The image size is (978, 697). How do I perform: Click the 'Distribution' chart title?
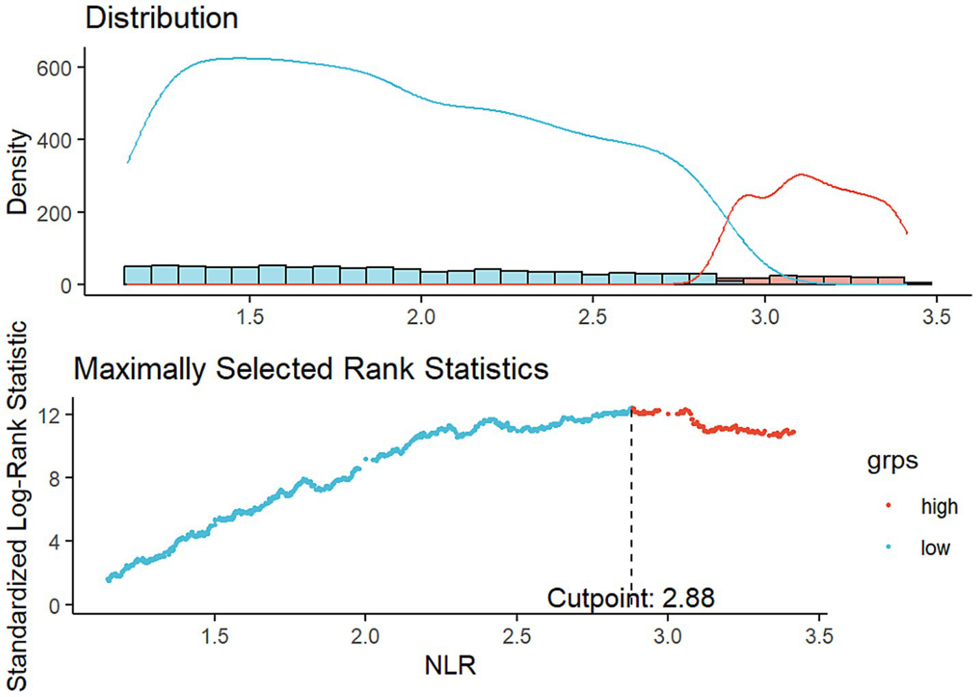click(x=161, y=18)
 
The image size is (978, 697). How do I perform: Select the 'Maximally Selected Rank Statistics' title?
click(x=310, y=369)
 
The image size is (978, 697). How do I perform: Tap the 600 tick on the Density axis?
click(x=54, y=68)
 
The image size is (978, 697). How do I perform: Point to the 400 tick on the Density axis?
click(x=54, y=140)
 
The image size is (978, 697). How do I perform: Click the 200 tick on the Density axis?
click(x=54, y=213)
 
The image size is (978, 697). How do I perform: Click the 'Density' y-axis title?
click(x=18, y=172)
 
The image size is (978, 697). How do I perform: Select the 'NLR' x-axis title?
click(x=449, y=665)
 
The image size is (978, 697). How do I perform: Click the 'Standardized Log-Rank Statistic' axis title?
click(x=18, y=506)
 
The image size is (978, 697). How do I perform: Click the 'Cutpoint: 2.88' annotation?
click(x=631, y=598)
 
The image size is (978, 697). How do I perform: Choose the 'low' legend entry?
click(x=934, y=548)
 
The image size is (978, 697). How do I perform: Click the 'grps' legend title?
click(x=892, y=461)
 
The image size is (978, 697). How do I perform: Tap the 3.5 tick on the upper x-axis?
click(x=936, y=317)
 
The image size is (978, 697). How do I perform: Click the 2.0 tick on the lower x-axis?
click(x=365, y=636)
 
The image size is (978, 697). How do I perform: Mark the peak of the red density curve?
click(x=800, y=174)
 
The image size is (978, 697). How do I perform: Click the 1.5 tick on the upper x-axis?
click(x=250, y=317)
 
